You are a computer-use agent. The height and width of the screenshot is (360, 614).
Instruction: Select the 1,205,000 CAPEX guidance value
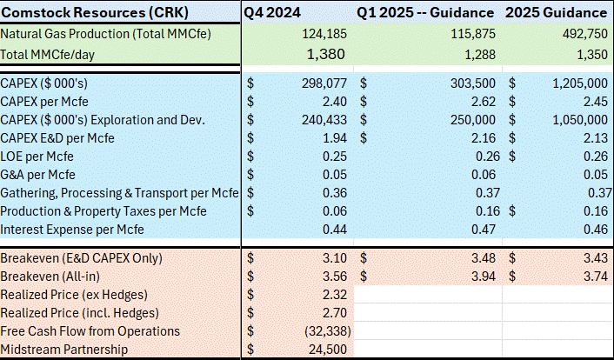tap(573, 83)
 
